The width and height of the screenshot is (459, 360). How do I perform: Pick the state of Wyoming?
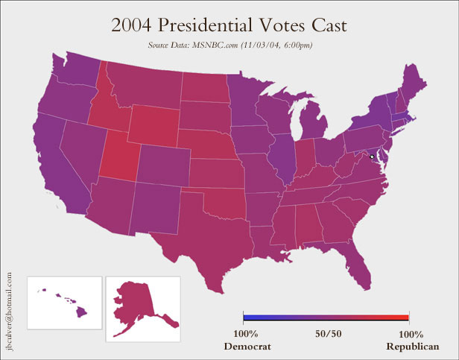[156, 124]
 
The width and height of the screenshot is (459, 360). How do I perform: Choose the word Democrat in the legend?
[247, 347]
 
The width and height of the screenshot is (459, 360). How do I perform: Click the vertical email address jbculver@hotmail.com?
[10, 309]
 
